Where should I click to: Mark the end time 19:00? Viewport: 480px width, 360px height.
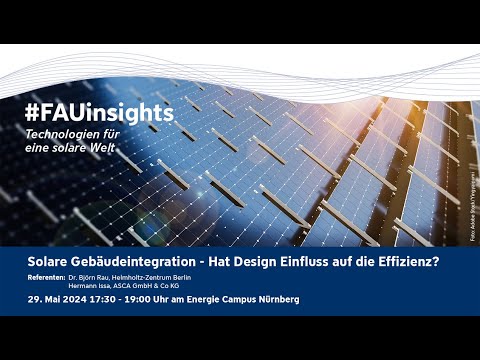[147, 300]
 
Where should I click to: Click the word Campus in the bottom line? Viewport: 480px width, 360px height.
[244, 300]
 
